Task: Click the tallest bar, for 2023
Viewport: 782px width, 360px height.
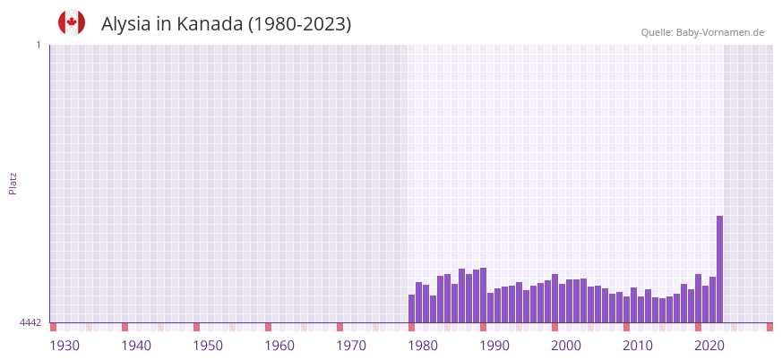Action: click(x=719, y=269)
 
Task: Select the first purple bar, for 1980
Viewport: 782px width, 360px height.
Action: click(x=412, y=308)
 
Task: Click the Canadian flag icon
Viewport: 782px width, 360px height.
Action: click(x=72, y=22)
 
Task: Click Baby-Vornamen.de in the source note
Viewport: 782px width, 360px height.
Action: click(x=720, y=32)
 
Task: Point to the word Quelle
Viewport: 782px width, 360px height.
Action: click(x=657, y=32)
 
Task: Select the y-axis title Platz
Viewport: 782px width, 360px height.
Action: click(x=13, y=183)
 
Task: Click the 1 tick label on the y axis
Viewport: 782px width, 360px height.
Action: click(x=38, y=45)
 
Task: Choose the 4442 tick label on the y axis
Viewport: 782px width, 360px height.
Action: click(x=30, y=322)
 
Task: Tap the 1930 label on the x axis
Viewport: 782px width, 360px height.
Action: click(x=64, y=346)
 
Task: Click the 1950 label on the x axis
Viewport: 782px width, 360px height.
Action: click(x=208, y=346)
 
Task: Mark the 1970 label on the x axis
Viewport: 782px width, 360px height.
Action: click(x=351, y=346)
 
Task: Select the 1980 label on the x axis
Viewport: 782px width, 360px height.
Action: click(x=423, y=346)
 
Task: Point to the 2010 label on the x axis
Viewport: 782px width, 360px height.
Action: click(x=638, y=346)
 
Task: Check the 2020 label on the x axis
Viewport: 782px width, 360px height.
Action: click(x=709, y=346)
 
